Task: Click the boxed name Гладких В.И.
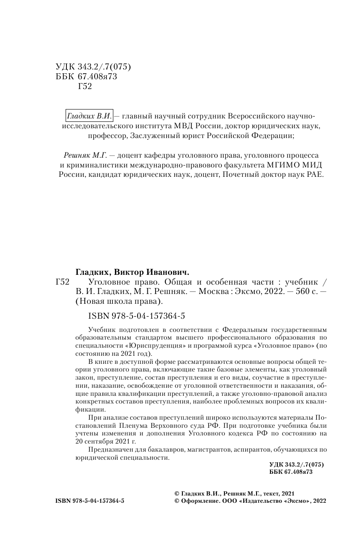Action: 89,115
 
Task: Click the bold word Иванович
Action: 166,272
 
